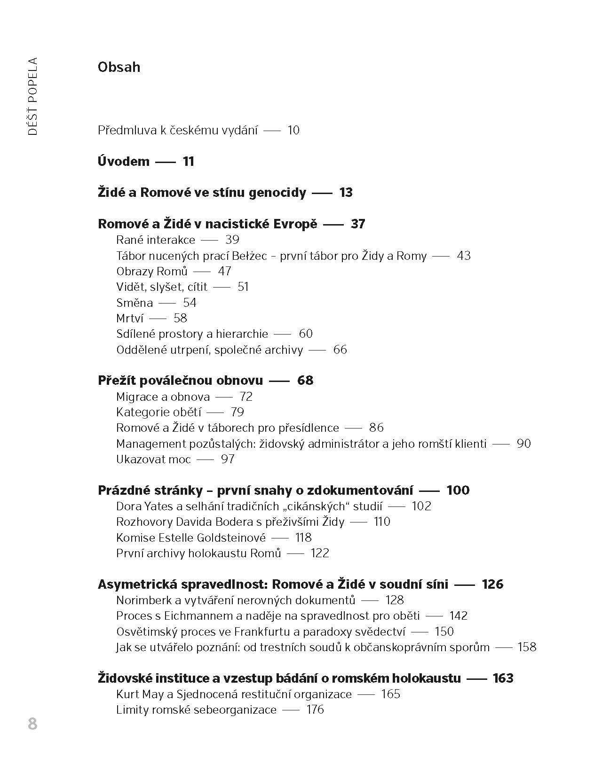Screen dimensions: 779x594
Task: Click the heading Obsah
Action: pos(119,67)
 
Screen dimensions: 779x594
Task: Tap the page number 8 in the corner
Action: pos(32,724)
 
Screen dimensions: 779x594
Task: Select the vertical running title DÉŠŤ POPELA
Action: pos(32,96)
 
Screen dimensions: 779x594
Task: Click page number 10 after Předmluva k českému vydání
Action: pos(293,130)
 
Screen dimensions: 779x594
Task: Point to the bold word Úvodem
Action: pos(124,161)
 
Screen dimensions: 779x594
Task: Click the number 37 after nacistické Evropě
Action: pos(358,224)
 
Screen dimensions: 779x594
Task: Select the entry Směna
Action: pos(135,303)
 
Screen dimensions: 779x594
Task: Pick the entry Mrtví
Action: pos(130,318)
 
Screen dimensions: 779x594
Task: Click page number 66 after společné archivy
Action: pos(340,350)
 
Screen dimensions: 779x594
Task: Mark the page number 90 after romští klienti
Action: pos(523,444)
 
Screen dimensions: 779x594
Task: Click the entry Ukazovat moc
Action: pos(153,459)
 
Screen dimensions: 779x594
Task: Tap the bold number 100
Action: pos(458,490)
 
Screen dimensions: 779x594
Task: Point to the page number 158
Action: pos(526,647)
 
